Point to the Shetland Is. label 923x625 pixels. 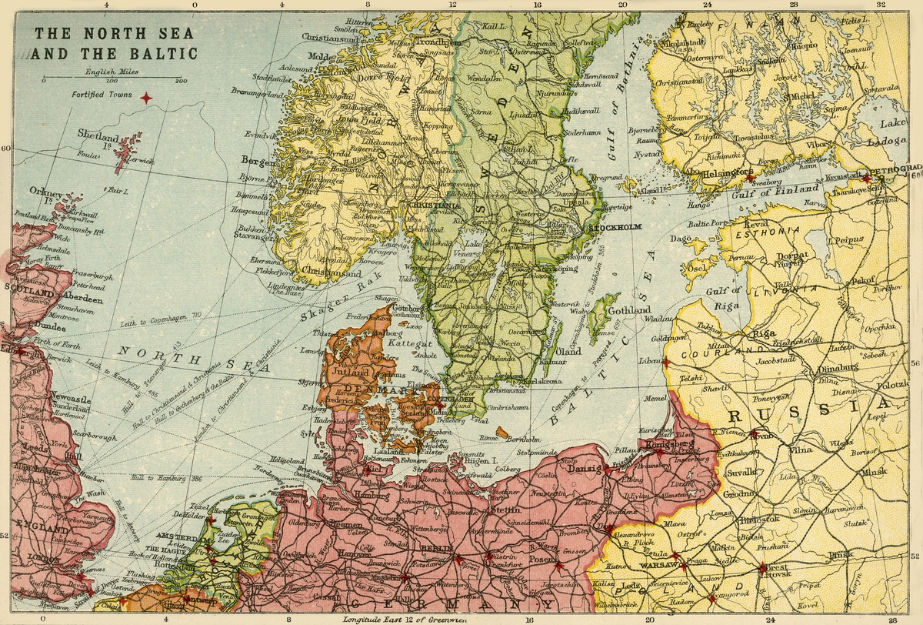pyautogui.click(x=99, y=135)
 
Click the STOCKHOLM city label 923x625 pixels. pyautogui.click(x=613, y=229)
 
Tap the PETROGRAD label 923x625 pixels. pyautogui.click(x=894, y=167)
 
